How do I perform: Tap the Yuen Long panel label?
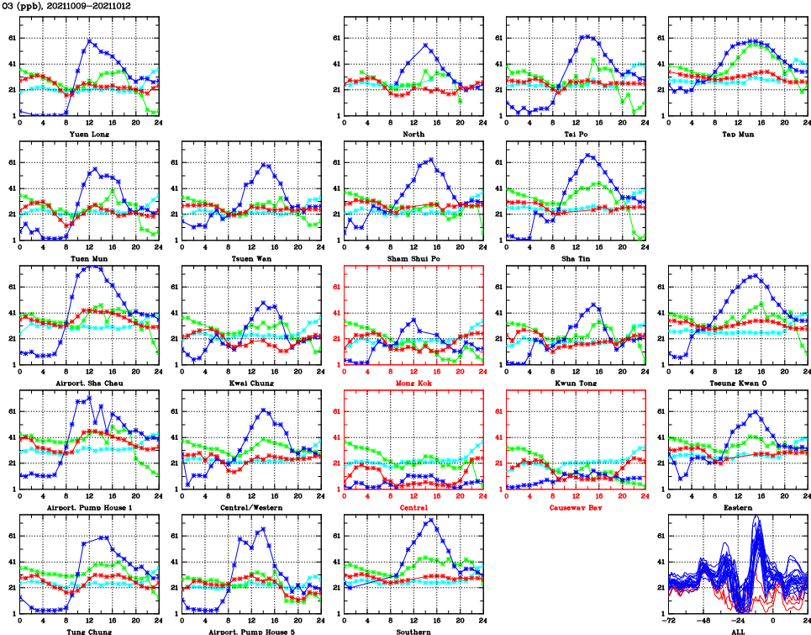[x=88, y=133]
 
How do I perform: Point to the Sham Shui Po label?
[x=413, y=257]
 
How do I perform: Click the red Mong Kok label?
[x=413, y=382]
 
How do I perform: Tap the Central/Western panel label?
[x=250, y=507]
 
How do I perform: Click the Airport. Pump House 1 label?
[x=88, y=507]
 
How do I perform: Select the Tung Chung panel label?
[x=88, y=631]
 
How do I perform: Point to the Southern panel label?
[x=413, y=631]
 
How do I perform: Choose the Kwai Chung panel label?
[x=250, y=382]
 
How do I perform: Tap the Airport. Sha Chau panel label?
[x=88, y=382]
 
